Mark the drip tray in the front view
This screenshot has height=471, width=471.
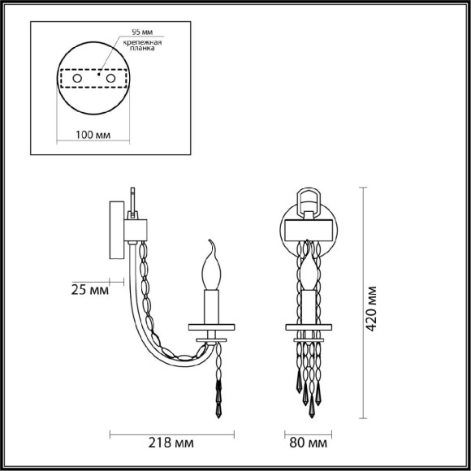309,328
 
